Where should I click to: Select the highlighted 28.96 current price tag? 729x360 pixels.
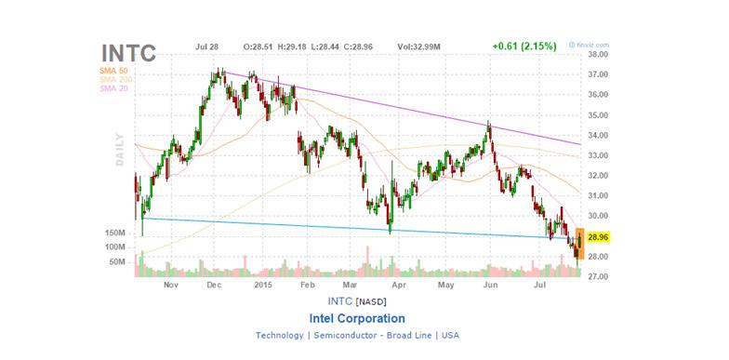(597, 238)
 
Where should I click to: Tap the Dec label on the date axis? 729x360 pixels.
(212, 287)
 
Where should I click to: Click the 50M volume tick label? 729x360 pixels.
(117, 262)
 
